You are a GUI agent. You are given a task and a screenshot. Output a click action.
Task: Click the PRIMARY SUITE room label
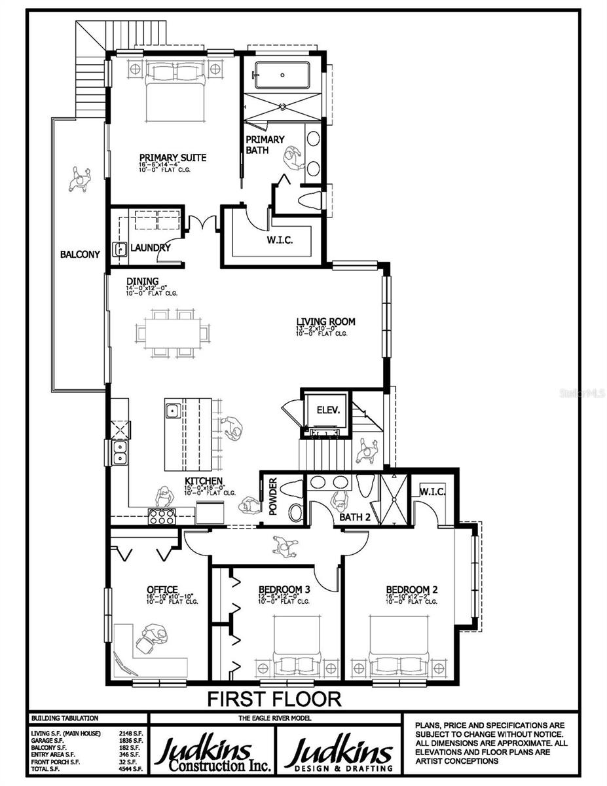point(173,158)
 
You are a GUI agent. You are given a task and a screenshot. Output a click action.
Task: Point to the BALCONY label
point(80,254)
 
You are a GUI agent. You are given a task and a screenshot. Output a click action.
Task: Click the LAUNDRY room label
point(151,248)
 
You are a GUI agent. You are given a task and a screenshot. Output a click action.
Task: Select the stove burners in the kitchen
point(161,516)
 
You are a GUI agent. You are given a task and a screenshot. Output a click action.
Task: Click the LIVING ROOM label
point(325,322)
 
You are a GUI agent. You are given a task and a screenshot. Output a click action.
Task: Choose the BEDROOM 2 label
point(408,589)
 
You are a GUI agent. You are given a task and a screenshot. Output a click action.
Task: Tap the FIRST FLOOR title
point(274,698)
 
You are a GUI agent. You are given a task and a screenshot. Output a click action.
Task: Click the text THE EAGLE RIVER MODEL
point(274,718)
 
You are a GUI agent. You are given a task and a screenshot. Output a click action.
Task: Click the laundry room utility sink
point(120,249)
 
